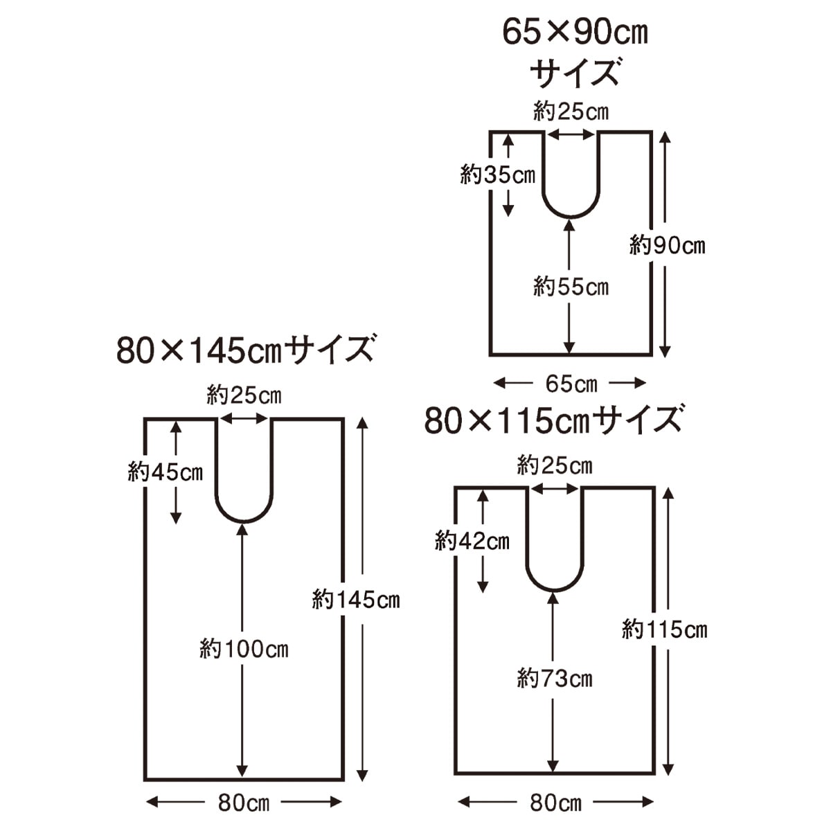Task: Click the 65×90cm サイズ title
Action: point(575,53)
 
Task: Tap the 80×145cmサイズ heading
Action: point(244,350)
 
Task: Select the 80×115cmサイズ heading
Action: point(553,420)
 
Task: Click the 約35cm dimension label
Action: point(498,175)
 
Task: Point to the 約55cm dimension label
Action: point(571,286)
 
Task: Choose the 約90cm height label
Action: point(667,245)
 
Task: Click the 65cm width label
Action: point(571,384)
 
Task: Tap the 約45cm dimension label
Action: point(166,472)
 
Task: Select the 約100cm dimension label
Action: point(244,649)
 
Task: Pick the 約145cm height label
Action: point(356,600)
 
